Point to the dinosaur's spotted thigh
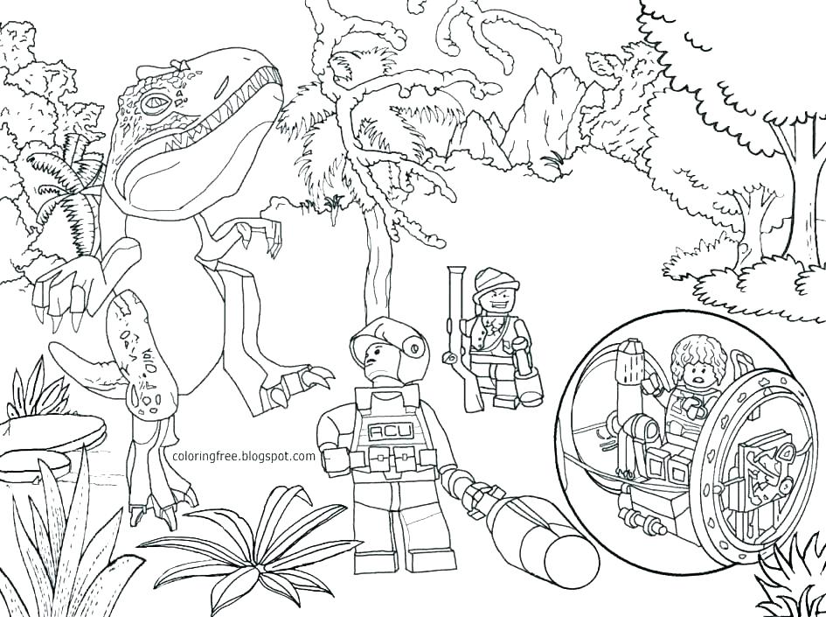[x=144, y=350]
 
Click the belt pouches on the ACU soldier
[x=389, y=456]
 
